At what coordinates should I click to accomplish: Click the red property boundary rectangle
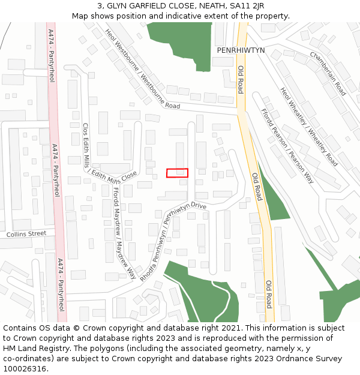(x=177, y=173)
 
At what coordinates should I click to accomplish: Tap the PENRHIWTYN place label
(x=241, y=51)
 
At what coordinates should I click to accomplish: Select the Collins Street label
(x=26, y=233)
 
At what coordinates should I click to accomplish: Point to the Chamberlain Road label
(x=328, y=73)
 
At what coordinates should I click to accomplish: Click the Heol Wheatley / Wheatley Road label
(x=308, y=127)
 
